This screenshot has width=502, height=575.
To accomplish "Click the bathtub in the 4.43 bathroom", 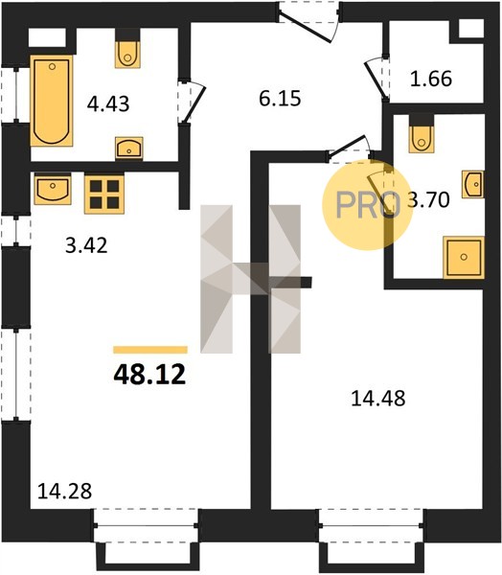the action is [x=52, y=101].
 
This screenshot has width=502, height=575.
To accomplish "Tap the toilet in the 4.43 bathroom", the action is [x=127, y=55].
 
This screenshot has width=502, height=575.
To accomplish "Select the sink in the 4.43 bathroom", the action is [x=129, y=148].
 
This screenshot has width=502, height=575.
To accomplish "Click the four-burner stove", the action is [x=104, y=194].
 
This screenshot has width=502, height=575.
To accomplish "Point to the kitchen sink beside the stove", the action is [x=53, y=189].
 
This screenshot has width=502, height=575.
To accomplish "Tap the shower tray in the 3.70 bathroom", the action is [x=464, y=257].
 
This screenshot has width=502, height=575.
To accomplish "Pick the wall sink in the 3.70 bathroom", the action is [x=473, y=184].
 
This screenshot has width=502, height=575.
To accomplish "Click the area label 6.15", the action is [x=280, y=99].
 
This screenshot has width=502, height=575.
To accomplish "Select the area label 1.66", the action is [x=431, y=79].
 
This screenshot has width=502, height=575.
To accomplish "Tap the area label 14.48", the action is [x=378, y=399].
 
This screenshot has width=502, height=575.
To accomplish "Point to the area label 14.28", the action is [x=64, y=491].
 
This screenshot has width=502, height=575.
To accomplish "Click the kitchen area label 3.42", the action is [x=86, y=245].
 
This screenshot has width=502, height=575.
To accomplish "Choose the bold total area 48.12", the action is [x=149, y=375].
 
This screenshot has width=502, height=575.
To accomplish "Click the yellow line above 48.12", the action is [x=150, y=350].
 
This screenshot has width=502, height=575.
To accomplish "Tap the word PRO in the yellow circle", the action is [x=368, y=205].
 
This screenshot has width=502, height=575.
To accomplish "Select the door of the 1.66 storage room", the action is [x=375, y=80].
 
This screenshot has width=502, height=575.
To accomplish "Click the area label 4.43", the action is [x=108, y=103].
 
